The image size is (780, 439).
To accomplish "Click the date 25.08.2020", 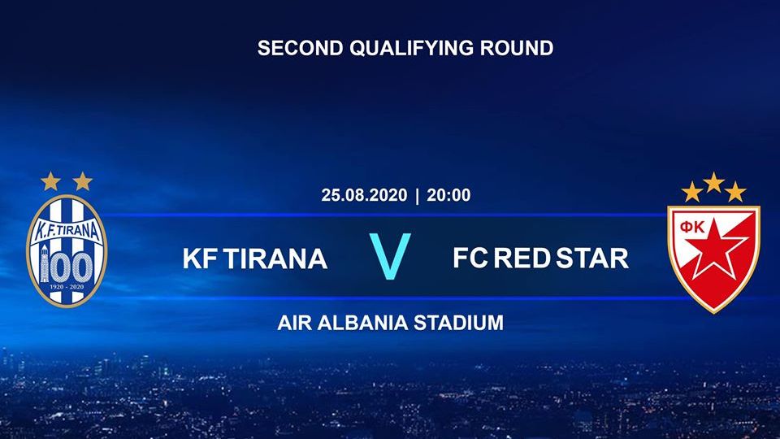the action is click(x=364, y=195).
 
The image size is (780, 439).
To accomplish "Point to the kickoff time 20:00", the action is click(x=448, y=195).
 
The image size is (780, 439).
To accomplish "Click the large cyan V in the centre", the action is click(x=390, y=256).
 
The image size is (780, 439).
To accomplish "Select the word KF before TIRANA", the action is click(x=200, y=259).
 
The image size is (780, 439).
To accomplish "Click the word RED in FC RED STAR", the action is click(x=522, y=259).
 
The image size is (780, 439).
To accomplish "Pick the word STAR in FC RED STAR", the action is click(x=592, y=259).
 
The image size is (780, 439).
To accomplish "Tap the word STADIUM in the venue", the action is click(x=458, y=323).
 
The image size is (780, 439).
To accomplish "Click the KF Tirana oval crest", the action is click(x=67, y=250).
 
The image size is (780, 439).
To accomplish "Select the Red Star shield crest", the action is click(x=713, y=259).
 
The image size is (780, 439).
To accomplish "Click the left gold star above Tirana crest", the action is click(x=50, y=181).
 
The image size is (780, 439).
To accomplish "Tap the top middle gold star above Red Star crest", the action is click(x=714, y=183).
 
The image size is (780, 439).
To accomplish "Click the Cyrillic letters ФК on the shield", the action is click(x=692, y=228).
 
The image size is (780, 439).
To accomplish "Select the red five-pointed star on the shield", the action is click(x=715, y=249).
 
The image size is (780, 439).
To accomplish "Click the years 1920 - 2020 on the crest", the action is click(x=67, y=287).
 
